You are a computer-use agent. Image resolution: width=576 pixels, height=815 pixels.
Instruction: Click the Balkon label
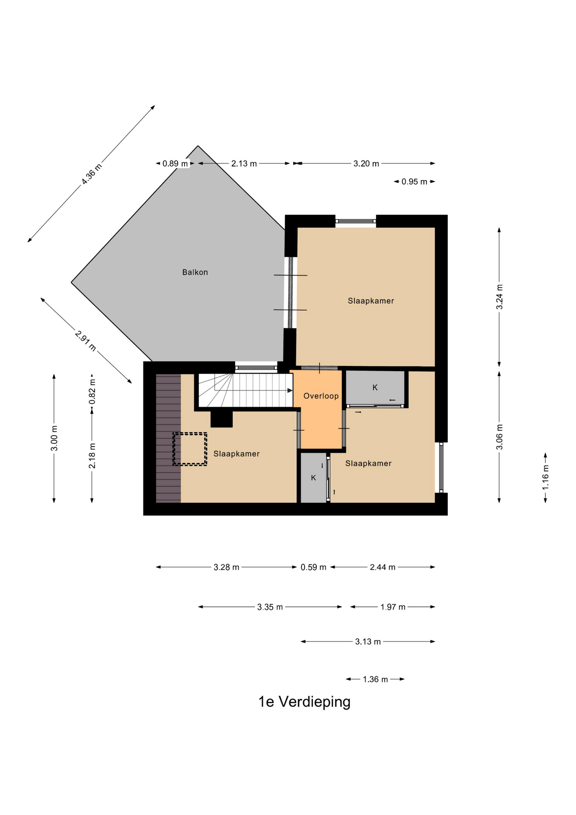tap(195, 272)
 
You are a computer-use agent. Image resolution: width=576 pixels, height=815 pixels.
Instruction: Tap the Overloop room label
tap(321, 396)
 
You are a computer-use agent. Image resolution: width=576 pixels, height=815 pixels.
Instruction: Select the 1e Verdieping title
tap(305, 702)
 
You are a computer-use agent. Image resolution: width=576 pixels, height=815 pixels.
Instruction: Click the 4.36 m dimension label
tap(92, 174)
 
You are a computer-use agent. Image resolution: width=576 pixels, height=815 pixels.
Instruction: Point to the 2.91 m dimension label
tap(85, 340)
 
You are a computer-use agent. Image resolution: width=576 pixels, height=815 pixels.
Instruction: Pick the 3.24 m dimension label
tap(499, 297)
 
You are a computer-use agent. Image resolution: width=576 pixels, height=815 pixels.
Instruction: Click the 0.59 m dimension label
tap(313, 567)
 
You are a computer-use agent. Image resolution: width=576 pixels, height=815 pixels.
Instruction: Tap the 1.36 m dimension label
tap(375, 679)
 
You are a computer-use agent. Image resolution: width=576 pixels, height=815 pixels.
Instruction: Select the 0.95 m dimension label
tap(414, 182)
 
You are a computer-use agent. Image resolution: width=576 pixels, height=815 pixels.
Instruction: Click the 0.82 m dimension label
tap(92, 391)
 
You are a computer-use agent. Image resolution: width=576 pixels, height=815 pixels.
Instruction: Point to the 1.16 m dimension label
tap(545, 478)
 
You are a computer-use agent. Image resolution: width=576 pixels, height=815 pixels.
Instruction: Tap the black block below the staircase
tap(221, 419)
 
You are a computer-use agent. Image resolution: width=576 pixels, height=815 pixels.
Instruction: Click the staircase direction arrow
tap(254, 390)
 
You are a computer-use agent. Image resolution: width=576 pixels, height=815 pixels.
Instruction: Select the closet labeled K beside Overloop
tap(375, 388)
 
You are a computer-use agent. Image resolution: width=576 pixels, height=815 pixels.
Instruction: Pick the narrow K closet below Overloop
tap(313, 478)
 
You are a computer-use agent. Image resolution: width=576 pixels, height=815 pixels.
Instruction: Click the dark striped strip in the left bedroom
tap(168, 438)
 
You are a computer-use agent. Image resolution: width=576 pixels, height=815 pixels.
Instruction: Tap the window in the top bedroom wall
tap(355, 221)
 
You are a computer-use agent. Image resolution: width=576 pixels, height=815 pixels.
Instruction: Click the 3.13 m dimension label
tap(368, 641)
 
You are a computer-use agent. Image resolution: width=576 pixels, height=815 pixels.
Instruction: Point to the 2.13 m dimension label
tap(244, 163)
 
